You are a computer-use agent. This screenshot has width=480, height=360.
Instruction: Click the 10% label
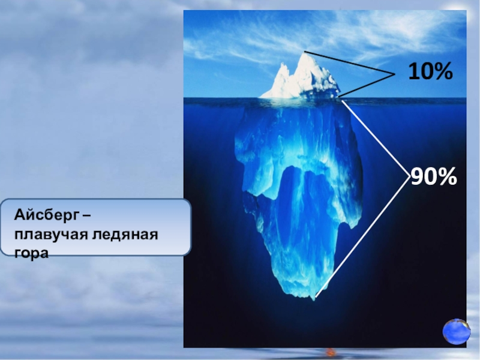point(430,71)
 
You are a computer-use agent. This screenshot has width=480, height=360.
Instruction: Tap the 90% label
point(433,176)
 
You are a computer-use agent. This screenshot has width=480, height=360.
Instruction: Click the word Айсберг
point(47,216)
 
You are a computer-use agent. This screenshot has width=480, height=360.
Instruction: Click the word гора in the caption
point(31,253)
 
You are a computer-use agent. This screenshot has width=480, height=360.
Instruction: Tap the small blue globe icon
point(456,332)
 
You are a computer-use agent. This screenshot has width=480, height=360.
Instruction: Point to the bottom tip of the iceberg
point(313,299)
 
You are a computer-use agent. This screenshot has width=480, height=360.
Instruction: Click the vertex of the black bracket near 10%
point(394,74)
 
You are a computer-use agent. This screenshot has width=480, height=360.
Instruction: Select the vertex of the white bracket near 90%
point(409,176)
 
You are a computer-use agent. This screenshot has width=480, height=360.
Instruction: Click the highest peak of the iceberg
point(304,52)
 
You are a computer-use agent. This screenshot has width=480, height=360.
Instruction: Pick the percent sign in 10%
point(443,71)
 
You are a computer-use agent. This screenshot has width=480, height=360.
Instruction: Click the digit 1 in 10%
point(414,71)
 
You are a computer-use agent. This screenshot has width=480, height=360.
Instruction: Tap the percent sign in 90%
point(447,176)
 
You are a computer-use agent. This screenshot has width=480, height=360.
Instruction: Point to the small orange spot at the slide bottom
point(330,352)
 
